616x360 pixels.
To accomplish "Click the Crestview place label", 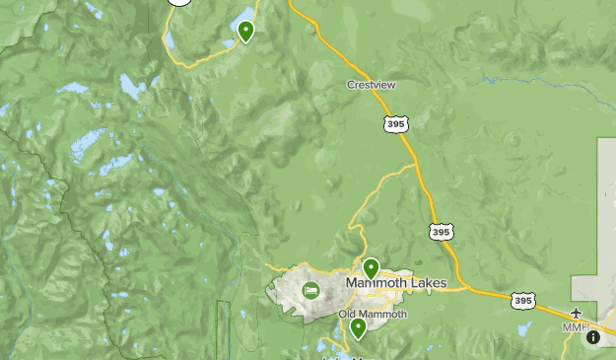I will point(372,85).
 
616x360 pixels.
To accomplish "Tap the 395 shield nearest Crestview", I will point(395,123).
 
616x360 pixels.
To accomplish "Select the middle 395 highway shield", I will point(442,231).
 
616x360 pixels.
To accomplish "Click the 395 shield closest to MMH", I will point(523,300).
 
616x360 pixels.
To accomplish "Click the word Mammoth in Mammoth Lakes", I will point(375,284).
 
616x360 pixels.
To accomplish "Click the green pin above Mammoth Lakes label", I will point(372,267).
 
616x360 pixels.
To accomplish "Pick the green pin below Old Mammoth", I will point(358,327).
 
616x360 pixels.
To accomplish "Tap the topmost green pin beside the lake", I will point(245,32).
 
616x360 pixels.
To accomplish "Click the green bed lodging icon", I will point(311,290).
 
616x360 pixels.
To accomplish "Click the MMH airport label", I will point(575,327).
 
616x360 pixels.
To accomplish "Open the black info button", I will point(593,337).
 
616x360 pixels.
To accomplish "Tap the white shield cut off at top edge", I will point(178,2).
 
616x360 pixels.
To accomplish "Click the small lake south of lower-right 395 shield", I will point(523,328).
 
